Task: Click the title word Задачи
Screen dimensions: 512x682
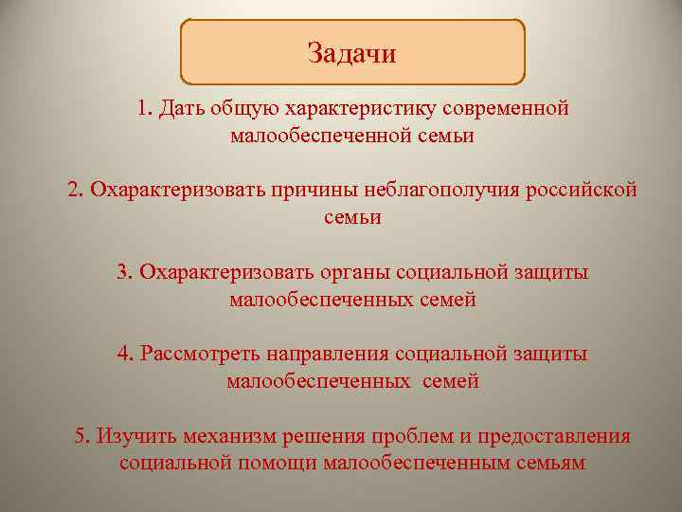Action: [x=351, y=53]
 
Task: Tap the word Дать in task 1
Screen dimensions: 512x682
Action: [x=178, y=108]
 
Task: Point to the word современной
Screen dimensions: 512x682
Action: [x=510, y=108]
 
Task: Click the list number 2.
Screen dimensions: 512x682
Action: [x=75, y=190]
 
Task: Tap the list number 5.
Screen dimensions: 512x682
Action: [x=81, y=436]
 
